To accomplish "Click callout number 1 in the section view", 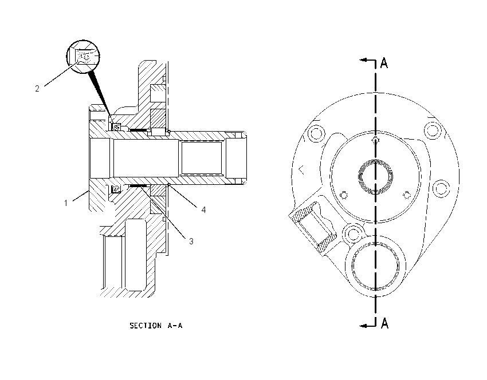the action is [x=66, y=203].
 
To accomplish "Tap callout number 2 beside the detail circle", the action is [x=37, y=89].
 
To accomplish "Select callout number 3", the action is [x=191, y=242].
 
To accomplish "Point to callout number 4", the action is [x=203, y=210].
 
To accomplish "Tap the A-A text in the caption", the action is [x=175, y=326].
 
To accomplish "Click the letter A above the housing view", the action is [x=384, y=63].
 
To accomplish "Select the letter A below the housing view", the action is [x=384, y=323].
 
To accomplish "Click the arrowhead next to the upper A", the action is [x=363, y=60].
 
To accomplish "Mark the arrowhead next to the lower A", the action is [x=363, y=326].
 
